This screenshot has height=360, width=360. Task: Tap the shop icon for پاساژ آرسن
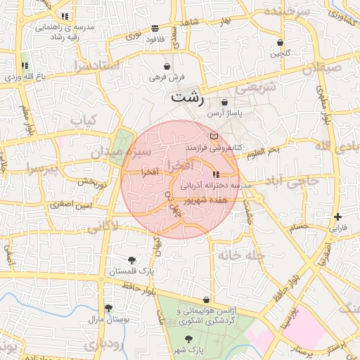224,103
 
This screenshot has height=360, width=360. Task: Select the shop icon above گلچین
280,42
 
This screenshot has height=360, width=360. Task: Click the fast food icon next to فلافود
154,29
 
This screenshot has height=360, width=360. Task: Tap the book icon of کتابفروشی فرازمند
214,136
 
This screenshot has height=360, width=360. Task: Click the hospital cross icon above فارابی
339,217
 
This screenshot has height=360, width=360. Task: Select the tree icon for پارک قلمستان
131,260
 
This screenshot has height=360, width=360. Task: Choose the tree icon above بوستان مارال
108,308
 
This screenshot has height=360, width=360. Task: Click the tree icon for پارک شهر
187,339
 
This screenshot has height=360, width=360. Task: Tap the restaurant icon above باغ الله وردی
25,65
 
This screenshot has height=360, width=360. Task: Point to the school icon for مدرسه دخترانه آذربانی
216,174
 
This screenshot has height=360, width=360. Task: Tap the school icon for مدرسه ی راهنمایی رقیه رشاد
65,15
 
